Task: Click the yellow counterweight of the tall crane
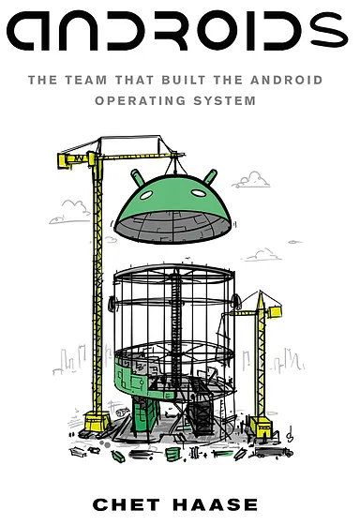pyautogui.click(x=67, y=160)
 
